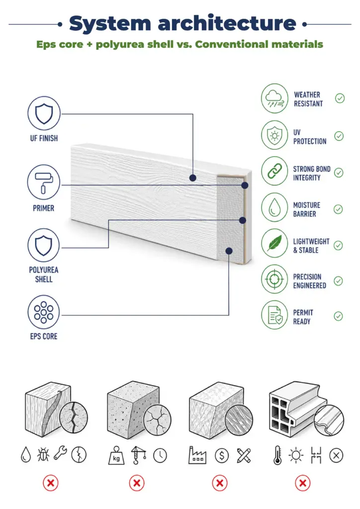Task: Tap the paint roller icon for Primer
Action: pyautogui.click(x=43, y=182)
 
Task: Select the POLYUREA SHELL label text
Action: pyautogui.click(x=44, y=274)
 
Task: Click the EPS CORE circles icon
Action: pyautogui.click(x=43, y=312)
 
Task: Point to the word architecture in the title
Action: pyautogui.click(x=227, y=23)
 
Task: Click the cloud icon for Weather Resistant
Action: pyautogui.click(x=274, y=98)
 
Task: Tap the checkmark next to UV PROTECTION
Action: pyautogui.click(x=339, y=136)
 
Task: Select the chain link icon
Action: pyautogui.click(x=274, y=171)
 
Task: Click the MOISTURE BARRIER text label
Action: pyautogui.click(x=306, y=209)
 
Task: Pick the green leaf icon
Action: pyautogui.click(x=274, y=243)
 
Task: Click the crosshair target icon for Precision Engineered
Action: pyautogui.click(x=274, y=279)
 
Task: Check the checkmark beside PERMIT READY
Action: pyautogui.click(x=338, y=316)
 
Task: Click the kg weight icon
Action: pyautogui.click(x=116, y=455)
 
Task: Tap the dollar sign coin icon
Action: pyautogui.click(x=222, y=456)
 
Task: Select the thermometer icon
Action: pyautogui.click(x=277, y=455)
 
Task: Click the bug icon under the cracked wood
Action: pyautogui.click(x=43, y=455)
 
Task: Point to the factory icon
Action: pyautogui.click(x=197, y=455)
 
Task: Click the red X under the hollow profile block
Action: pyautogui.click(x=302, y=483)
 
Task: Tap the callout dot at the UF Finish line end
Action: pyautogui.click(x=193, y=178)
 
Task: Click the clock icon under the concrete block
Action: pyautogui.click(x=160, y=456)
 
